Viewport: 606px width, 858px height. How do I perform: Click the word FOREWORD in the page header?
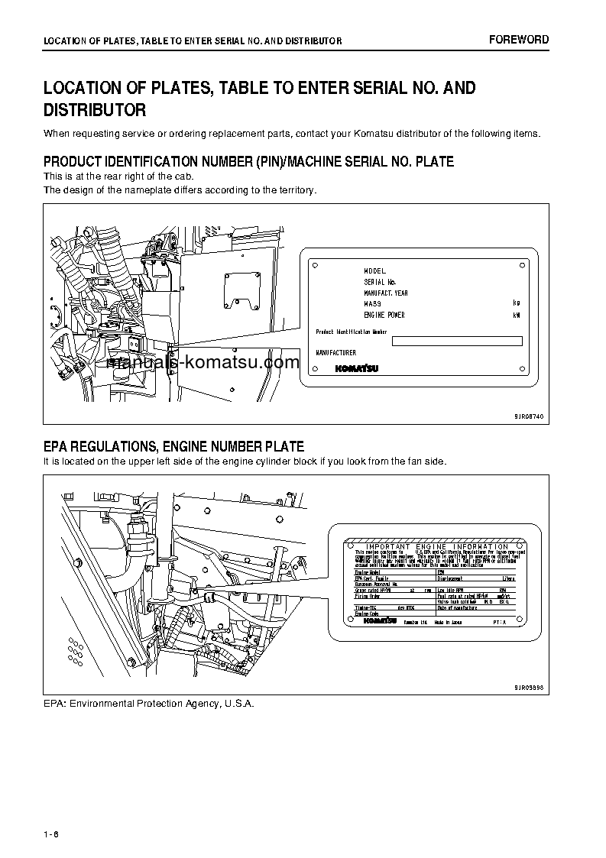(519, 40)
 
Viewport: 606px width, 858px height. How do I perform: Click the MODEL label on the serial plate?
(375, 271)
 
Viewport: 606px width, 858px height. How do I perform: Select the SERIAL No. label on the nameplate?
(380, 282)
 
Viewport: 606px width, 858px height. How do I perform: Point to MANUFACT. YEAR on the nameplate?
(386, 293)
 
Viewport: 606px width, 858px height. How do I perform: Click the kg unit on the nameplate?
(517, 303)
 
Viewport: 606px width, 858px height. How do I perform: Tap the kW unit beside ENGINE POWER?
(517, 315)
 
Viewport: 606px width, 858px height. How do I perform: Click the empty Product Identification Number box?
(457, 342)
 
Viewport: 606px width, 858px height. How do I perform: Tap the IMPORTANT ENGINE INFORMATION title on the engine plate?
(436, 546)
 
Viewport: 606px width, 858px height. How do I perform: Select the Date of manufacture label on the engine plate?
(459, 607)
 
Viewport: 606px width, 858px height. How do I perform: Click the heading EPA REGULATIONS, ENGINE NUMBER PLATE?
(173, 447)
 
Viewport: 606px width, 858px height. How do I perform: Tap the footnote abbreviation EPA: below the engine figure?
(54, 703)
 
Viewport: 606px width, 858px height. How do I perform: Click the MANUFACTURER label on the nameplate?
(336, 352)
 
